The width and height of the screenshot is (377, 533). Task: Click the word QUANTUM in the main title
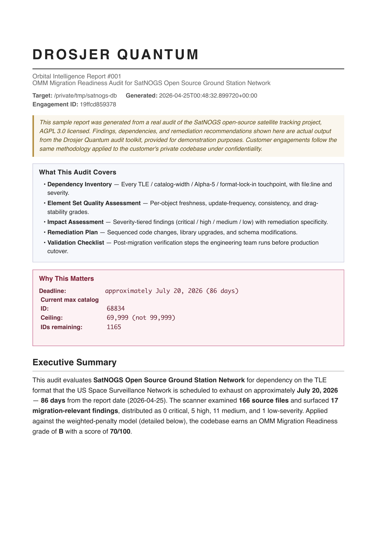pyautogui.click(x=158, y=55)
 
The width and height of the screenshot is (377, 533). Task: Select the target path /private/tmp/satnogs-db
pyautogui.click(x=85, y=96)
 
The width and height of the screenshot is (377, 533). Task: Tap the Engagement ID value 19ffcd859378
pyautogui.click(x=98, y=105)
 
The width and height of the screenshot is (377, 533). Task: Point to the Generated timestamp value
pyautogui.click(x=208, y=96)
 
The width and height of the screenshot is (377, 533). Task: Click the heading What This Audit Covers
pyautogui.click(x=77, y=172)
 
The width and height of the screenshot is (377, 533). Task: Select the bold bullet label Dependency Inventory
pyautogui.click(x=80, y=184)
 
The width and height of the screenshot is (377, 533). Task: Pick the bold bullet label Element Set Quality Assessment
pyautogui.click(x=94, y=203)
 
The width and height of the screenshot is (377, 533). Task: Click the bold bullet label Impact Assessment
pyautogui.click(x=75, y=222)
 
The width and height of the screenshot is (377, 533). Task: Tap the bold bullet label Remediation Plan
pyautogui.click(x=73, y=232)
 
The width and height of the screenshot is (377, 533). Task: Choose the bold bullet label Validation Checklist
pyautogui.click(x=76, y=243)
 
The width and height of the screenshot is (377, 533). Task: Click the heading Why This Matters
pyautogui.click(x=66, y=279)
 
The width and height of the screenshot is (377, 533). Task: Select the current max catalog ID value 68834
pyautogui.click(x=115, y=308)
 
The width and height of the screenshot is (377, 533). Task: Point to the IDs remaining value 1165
pyautogui.click(x=114, y=327)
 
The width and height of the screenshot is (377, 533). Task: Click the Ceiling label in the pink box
pyautogui.click(x=52, y=318)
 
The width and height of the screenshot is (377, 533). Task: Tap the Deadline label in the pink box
pyautogui.click(x=52, y=291)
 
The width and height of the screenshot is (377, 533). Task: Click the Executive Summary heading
pyautogui.click(x=74, y=363)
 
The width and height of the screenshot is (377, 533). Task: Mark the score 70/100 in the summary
pyautogui.click(x=120, y=432)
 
